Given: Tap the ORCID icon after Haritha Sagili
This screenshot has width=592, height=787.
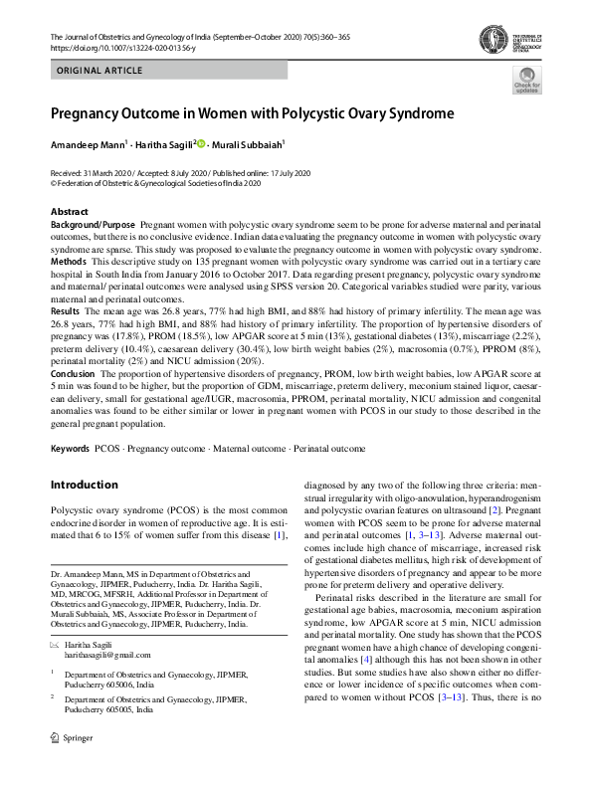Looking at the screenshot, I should pos(201,143).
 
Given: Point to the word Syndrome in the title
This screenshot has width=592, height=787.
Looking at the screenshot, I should pos(414,113).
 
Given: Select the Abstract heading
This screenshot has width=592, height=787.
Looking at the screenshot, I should pos(70,212).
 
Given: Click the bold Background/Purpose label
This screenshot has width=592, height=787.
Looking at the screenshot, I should pos(95,226).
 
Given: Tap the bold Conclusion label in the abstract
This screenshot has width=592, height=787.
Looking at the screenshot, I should pos(74,374).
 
